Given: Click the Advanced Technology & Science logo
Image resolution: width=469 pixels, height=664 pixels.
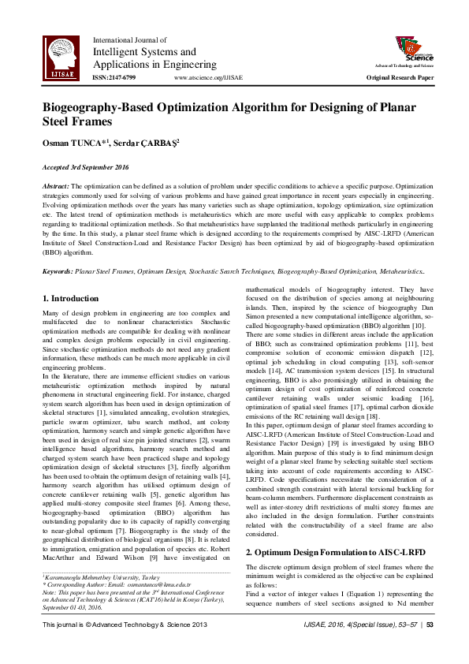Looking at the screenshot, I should (414, 52).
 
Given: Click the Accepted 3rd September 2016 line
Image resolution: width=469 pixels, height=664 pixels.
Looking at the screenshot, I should (86, 168).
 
